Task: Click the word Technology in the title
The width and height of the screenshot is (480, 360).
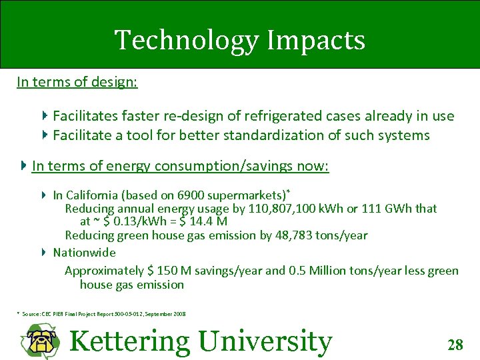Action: coord(185,41)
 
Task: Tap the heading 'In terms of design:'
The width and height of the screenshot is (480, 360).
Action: coord(77,82)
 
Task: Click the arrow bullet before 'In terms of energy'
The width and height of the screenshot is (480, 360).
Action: coord(24,165)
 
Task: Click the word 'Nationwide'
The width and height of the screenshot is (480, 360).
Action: coord(84,253)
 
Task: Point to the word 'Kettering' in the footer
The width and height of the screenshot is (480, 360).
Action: coord(129,341)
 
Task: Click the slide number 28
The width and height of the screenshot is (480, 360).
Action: coord(455,345)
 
